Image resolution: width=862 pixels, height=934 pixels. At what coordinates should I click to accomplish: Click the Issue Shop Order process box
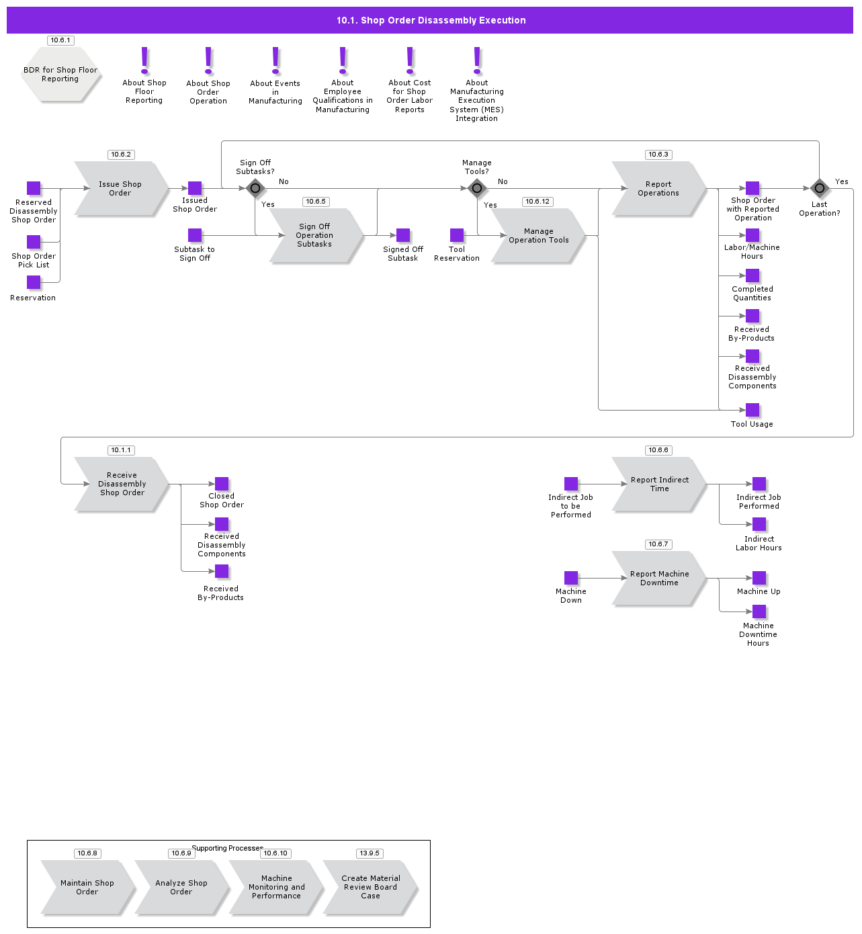[121, 189]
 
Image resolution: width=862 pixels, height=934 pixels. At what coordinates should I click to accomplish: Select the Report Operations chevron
[658, 189]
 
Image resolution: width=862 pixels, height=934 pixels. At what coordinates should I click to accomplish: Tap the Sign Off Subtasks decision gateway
[255, 188]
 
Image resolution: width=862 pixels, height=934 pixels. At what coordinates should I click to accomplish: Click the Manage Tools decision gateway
[477, 188]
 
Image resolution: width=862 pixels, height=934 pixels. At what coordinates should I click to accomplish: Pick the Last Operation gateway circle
[820, 188]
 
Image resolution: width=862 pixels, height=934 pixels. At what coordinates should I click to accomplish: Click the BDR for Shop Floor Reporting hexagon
[60, 75]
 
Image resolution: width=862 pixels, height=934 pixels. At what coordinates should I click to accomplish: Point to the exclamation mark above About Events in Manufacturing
[275, 60]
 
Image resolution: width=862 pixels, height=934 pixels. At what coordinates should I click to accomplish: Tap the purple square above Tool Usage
[752, 410]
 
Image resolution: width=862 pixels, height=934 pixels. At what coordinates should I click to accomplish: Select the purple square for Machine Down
[571, 578]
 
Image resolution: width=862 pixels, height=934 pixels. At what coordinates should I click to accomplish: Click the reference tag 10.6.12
[537, 202]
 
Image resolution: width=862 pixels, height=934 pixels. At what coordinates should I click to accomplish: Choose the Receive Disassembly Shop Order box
[122, 484]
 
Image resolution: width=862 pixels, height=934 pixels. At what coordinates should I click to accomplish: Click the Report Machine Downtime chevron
[659, 579]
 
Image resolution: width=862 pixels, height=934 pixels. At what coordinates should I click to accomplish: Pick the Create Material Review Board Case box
[370, 888]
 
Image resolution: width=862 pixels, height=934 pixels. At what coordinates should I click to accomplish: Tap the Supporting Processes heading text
[227, 848]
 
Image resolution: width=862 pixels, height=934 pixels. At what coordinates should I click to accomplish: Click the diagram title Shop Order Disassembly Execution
[431, 20]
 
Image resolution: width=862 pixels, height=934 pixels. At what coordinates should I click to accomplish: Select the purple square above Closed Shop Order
[222, 484]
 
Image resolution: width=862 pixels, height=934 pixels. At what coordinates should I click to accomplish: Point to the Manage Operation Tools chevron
[538, 236]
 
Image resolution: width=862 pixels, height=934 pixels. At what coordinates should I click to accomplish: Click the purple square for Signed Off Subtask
[403, 235]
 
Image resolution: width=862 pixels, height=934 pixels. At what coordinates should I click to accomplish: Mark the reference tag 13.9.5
[370, 853]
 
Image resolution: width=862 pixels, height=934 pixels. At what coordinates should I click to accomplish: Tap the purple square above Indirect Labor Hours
[759, 524]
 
